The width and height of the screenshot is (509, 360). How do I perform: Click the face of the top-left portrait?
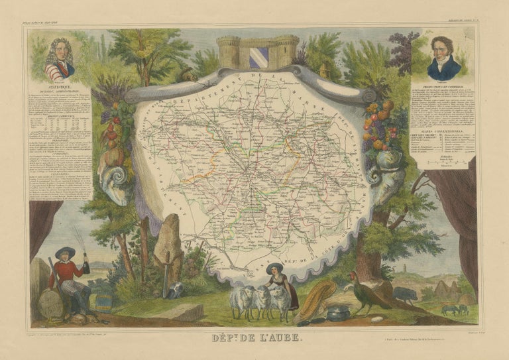click(x=60, y=52)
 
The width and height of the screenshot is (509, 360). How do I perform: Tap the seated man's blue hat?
click(x=64, y=251)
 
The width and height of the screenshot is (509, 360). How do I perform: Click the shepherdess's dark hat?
click(x=274, y=267)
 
